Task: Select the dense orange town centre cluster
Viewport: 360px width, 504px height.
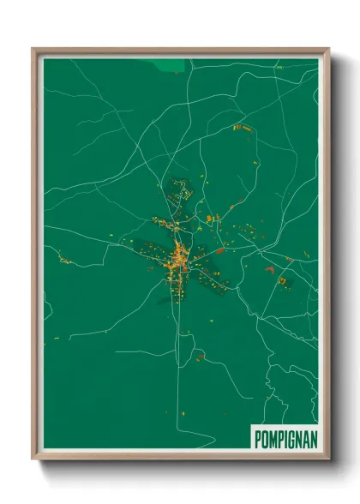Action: [180, 257]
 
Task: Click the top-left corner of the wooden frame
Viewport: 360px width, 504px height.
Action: [33, 50]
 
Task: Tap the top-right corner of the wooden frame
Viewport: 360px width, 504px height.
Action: [328, 50]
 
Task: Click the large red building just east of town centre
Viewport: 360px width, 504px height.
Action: [220, 251]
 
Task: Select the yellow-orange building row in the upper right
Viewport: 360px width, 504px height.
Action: [241, 127]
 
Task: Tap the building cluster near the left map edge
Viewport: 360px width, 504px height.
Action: [63, 258]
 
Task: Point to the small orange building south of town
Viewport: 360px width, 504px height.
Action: [200, 356]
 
